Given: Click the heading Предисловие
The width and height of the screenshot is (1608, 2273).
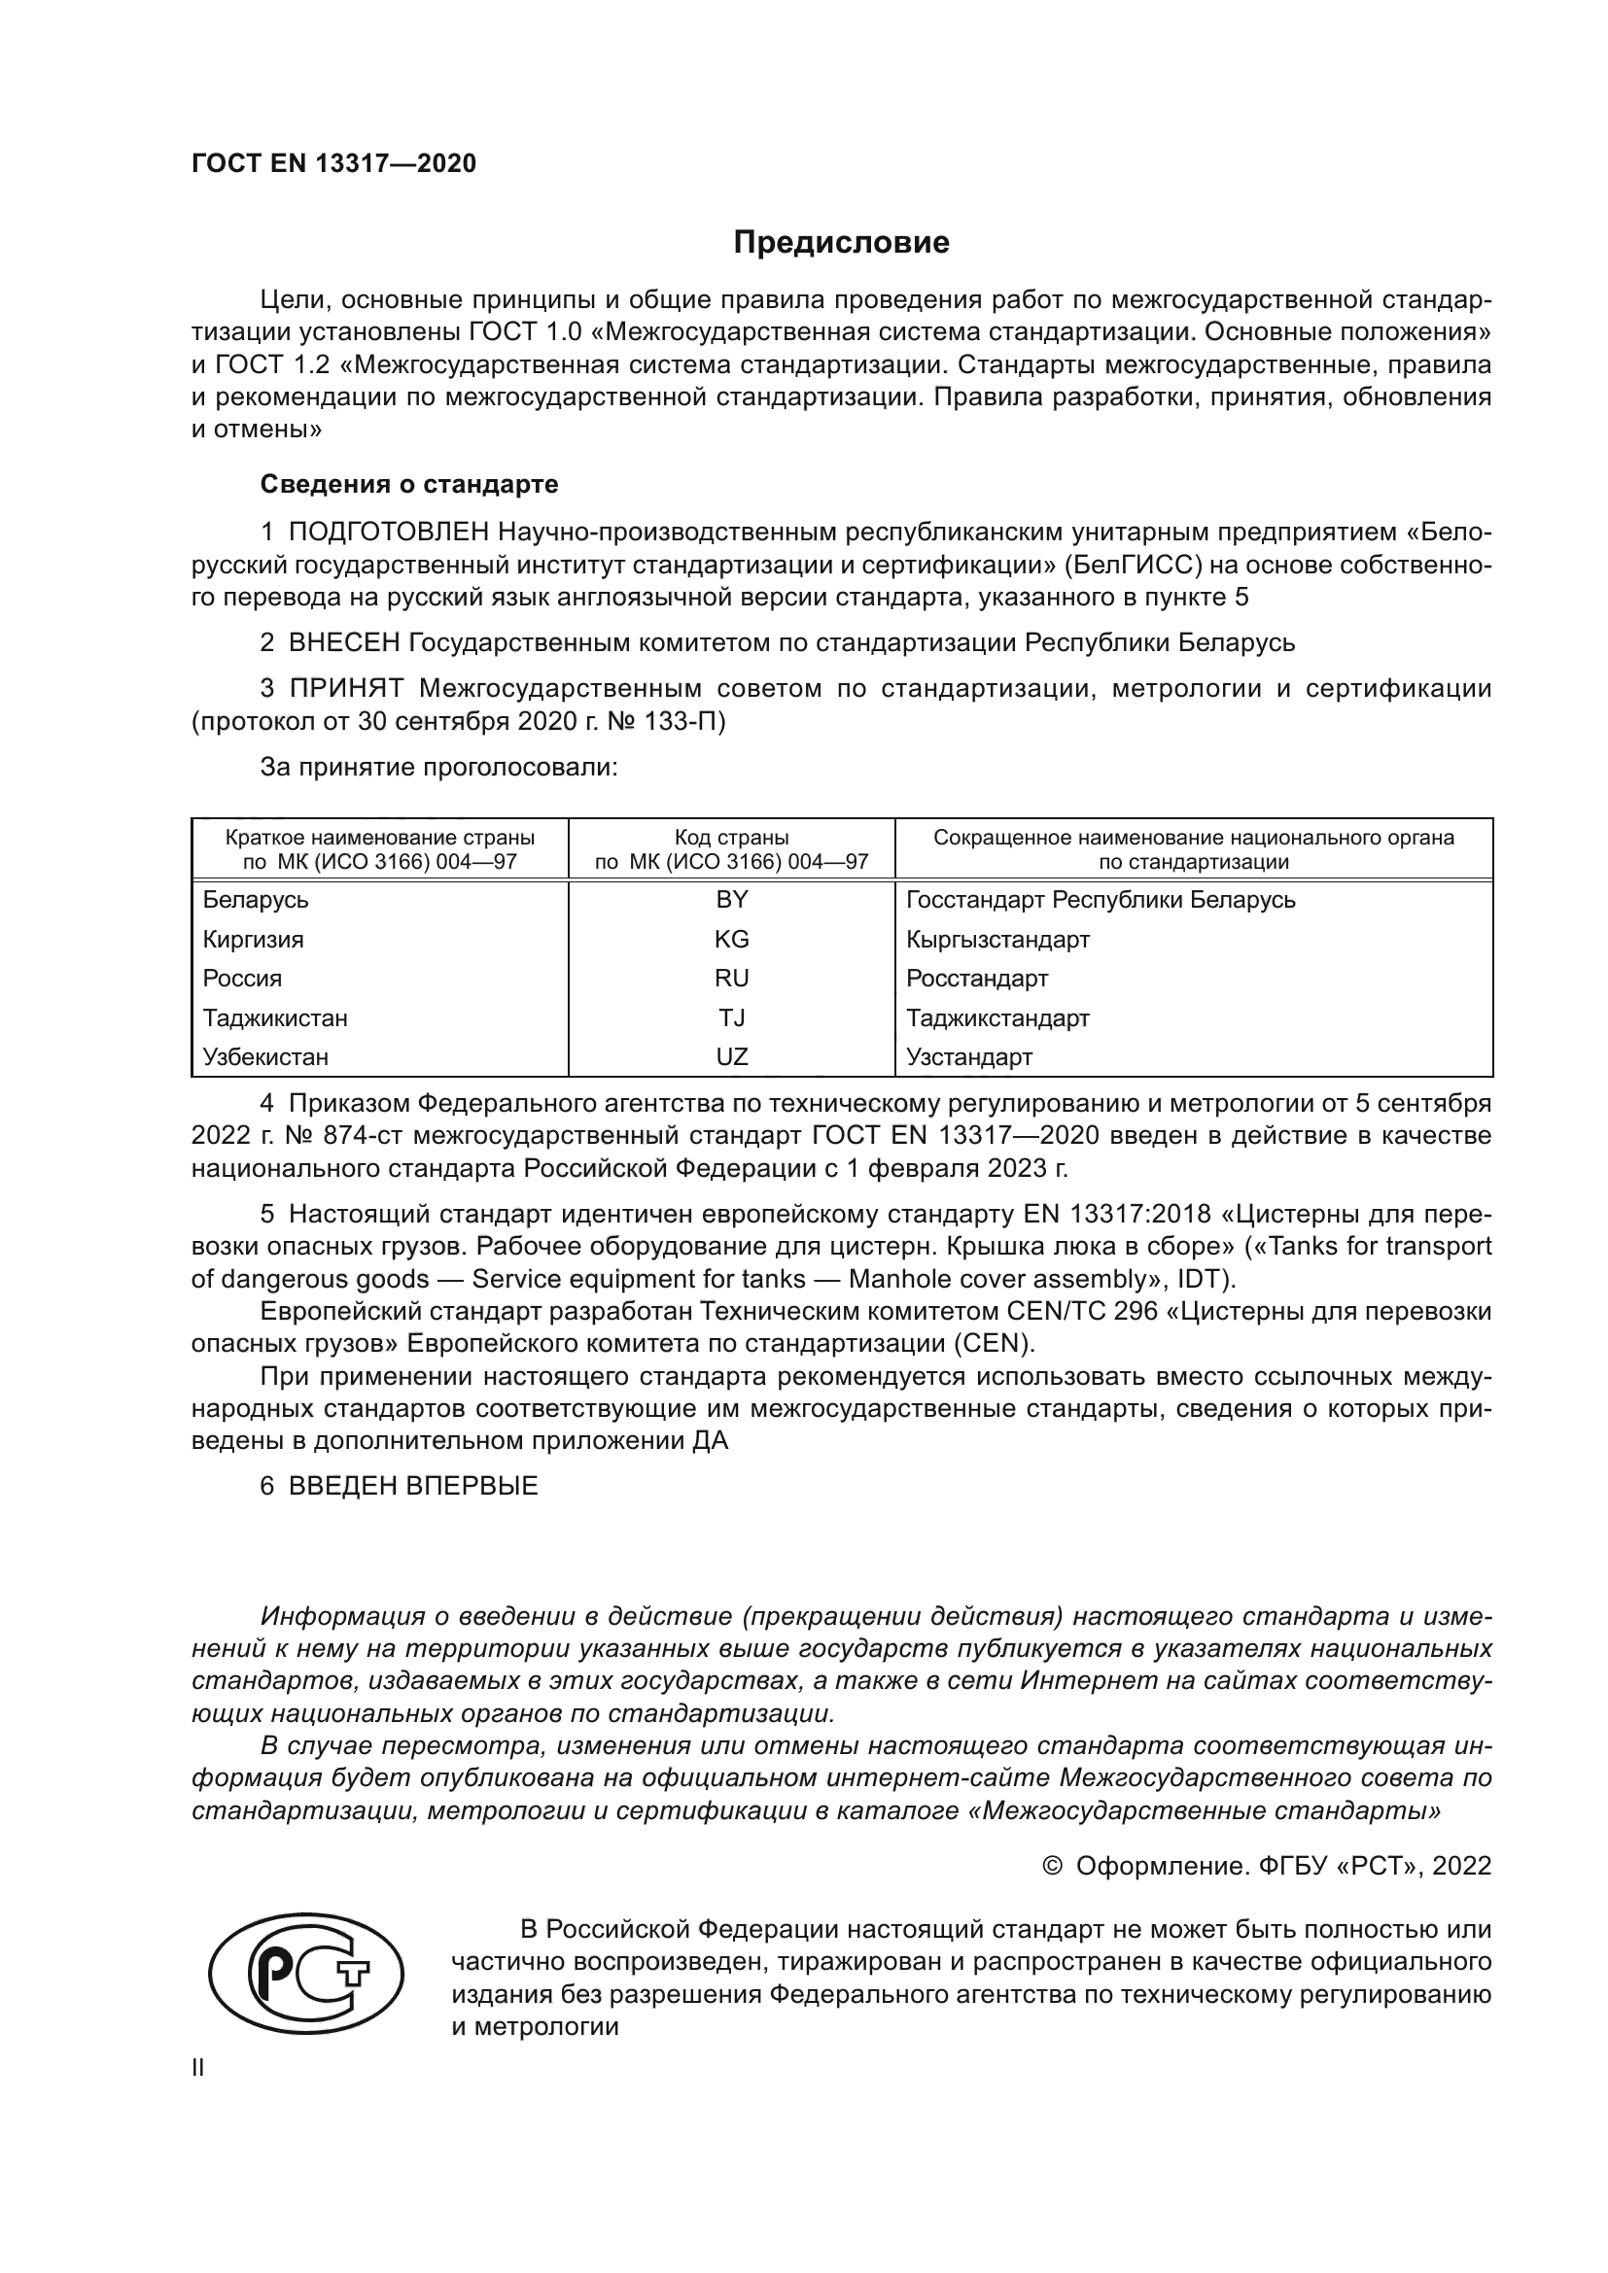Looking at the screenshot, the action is point(841,243).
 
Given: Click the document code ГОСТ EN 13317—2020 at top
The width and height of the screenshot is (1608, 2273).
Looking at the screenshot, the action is point(333,163).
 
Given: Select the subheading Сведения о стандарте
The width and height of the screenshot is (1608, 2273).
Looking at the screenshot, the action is point(409,484).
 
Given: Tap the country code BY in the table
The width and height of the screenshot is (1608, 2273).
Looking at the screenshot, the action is point(732,900).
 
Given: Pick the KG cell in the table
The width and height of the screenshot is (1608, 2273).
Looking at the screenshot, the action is point(732,940).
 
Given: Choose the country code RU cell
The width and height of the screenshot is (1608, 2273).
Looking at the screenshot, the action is point(732,979).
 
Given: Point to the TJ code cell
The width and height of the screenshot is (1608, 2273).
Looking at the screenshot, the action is point(732,1017).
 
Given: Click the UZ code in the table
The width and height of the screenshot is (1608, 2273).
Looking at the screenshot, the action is point(732,1056).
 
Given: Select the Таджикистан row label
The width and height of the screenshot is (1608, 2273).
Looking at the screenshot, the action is point(275,1017).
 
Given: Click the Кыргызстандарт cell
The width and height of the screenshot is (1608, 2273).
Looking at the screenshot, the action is point(997,940).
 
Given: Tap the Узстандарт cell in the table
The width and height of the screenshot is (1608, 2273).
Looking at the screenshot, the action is point(968,1056).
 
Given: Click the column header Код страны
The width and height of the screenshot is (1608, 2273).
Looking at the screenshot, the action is point(732,839).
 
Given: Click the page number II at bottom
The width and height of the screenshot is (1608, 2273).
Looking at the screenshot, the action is point(198,2068).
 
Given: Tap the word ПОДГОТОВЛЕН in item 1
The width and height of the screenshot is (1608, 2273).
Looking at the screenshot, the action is point(388,533).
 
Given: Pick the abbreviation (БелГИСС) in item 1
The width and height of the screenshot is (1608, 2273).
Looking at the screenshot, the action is point(1132,566).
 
